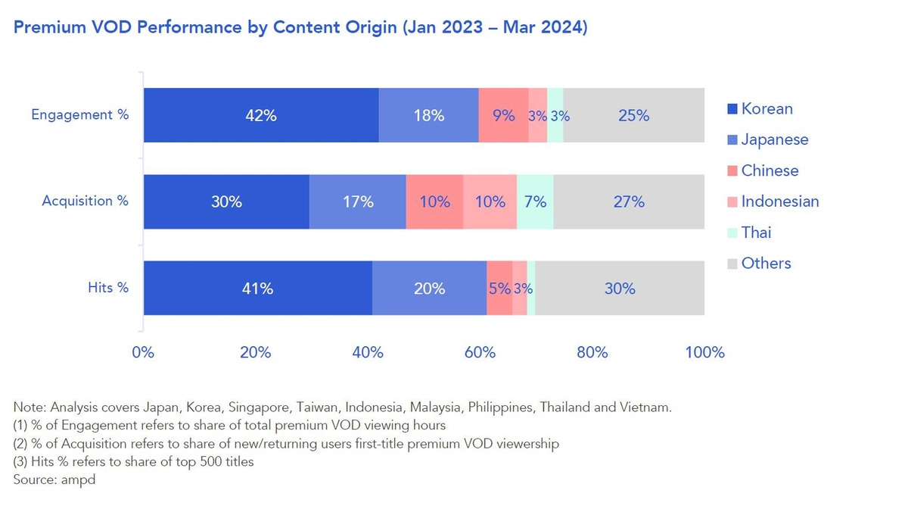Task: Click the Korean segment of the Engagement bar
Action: [261, 115]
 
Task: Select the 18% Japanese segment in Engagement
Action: [428, 115]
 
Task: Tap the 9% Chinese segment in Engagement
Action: [503, 115]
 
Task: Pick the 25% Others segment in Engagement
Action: [633, 115]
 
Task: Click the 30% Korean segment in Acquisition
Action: [226, 201]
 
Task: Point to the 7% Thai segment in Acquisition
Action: [535, 201]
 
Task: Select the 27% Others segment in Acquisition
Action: [629, 201]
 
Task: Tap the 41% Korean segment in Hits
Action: [257, 288]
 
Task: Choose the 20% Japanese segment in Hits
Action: [429, 288]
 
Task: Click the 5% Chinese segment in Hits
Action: [499, 288]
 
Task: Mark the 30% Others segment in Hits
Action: [620, 288]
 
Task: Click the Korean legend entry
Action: [767, 108]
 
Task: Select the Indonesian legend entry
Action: [779, 201]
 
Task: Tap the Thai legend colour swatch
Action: [732, 233]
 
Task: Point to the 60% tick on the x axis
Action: [480, 352]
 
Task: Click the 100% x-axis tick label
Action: [704, 352]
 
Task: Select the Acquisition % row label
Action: [86, 201]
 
